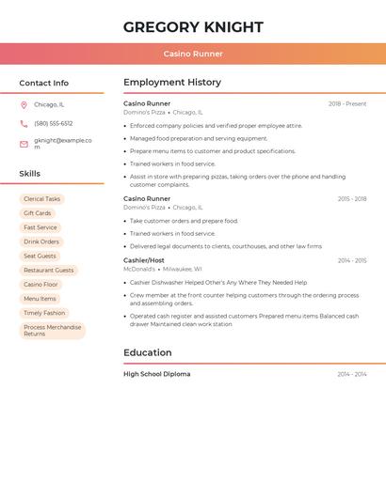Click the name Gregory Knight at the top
[193, 27]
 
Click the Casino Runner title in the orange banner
[193, 54]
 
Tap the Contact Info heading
[43, 83]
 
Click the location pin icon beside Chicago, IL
[24, 105]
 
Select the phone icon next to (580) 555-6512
[24, 123]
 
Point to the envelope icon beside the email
[24, 144]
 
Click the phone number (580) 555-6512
[54, 123]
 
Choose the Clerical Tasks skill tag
[41, 199]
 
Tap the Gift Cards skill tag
[38, 213]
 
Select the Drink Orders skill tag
[41, 241]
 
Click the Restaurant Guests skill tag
[48, 271]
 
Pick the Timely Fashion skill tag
[44, 313]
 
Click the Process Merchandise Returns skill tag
[52, 331]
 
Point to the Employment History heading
[172, 83]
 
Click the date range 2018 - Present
[347, 104]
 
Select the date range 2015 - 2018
[351, 199]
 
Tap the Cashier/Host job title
[144, 260]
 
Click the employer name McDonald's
[139, 269]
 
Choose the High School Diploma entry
[156, 374]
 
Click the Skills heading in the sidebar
[30, 174]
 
